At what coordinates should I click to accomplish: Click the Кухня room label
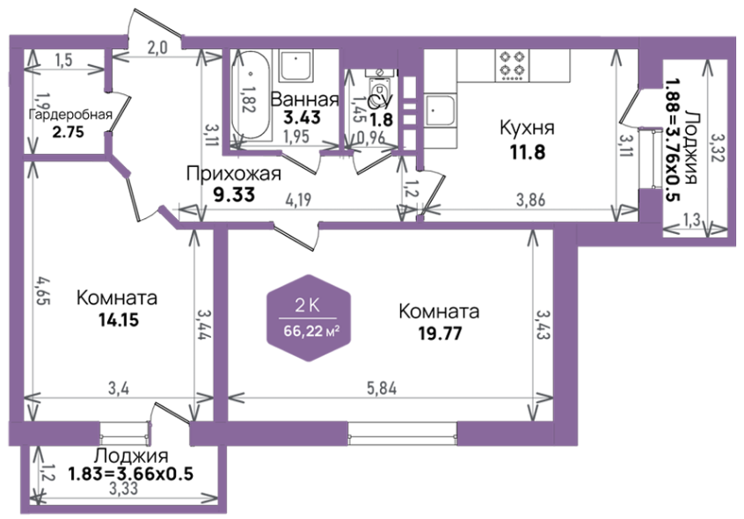tap(527, 128)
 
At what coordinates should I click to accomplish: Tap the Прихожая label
tap(233, 173)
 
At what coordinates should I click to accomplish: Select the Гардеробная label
tap(70, 114)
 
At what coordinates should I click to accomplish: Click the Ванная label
tap(304, 99)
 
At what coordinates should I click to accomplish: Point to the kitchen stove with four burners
tap(513, 65)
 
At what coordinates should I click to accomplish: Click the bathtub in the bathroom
tap(251, 95)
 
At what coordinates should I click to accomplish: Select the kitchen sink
tap(440, 111)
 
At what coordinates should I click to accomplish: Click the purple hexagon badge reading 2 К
tap(309, 318)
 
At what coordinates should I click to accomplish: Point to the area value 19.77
tap(440, 333)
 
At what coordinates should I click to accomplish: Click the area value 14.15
tap(119, 319)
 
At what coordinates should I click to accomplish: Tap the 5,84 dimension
tap(382, 389)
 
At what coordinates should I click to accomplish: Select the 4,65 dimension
tap(41, 293)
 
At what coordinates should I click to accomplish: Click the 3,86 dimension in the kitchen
tap(531, 200)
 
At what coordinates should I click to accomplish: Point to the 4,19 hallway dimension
tap(298, 200)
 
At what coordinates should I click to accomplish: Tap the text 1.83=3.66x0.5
tap(130, 474)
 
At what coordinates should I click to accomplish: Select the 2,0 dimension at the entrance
tap(157, 48)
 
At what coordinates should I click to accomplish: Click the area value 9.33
tap(234, 194)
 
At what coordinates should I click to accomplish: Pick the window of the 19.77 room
tap(403, 434)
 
